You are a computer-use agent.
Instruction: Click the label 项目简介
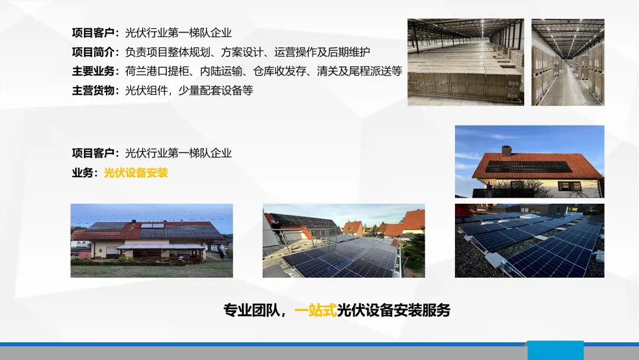point(93,52)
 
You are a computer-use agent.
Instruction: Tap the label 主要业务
point(93,71)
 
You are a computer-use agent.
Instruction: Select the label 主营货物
point(93,91)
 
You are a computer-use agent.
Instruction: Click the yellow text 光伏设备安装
point(135,173)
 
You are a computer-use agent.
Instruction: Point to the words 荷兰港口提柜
point(157,71)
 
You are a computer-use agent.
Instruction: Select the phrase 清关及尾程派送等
point(360,71)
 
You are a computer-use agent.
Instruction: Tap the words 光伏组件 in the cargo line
point(146,91)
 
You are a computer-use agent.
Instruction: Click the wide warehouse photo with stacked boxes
point(466,62)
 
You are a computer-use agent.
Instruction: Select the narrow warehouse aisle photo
point(567,62)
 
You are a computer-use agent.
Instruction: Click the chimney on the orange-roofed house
point(506,151)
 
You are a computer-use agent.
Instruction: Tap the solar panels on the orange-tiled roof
point(528,167)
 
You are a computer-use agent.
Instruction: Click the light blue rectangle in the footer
point(556,350)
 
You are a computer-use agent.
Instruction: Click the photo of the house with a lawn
point(151,240)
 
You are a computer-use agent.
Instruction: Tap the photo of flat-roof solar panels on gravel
point(530,240)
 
